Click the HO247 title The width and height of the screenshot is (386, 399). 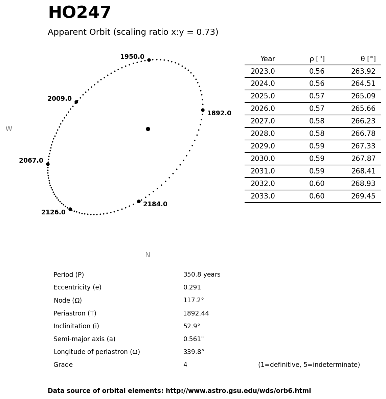coord(80,13)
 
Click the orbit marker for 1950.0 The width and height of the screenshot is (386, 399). coord(149,60)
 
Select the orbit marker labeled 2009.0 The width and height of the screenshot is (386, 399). coord(76,102)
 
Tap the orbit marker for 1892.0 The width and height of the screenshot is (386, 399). coord(203,110)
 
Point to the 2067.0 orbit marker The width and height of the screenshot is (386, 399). coord(48,164)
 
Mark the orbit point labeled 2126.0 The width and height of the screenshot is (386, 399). coord(70,209)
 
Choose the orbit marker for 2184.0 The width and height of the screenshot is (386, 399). coord(139,201)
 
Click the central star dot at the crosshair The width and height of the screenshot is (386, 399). coord(148,129)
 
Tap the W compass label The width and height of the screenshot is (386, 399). coord(9,129)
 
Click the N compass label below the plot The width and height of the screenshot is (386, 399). coord(147,255)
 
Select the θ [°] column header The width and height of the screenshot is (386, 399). coord(368,59)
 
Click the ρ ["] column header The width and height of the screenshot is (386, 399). coord(317,59)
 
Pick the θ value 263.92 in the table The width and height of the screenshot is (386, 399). coord(363,72)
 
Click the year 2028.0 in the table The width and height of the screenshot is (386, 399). coord(263,134)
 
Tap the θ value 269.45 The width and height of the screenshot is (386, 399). coord(363,196)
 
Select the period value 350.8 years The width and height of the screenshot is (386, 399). coord(202,275)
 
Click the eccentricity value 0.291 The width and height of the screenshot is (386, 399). coord(192,287)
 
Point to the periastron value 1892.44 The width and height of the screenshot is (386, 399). coord(196,313)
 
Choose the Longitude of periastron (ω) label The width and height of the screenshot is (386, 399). coord(97,352)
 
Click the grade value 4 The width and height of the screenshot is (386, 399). coord(185,365)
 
